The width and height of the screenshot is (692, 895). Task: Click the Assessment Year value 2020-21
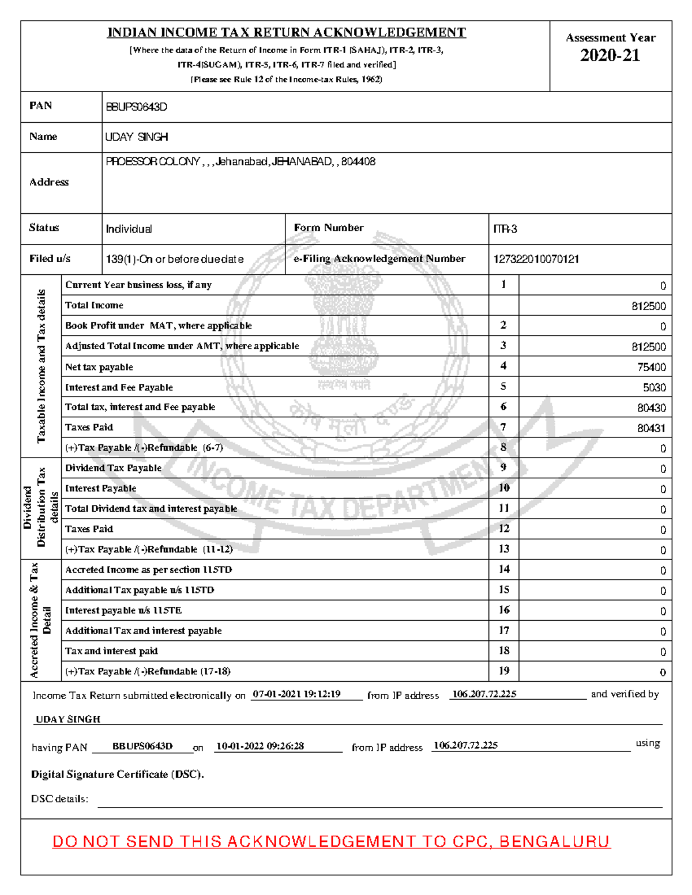coord(610,55)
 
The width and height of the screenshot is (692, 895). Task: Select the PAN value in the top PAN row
coord(136,107)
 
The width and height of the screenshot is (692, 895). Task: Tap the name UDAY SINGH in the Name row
coord(137,137)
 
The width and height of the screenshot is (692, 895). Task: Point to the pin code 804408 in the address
coord(358,162)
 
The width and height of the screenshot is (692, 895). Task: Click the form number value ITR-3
coord(505,229)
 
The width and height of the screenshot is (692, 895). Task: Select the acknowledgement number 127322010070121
coord(536,259)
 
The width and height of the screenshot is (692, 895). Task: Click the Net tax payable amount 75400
coord(651,367)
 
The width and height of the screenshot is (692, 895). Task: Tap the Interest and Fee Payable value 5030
coord(654,388)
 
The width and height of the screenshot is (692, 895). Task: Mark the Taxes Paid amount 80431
coord(651,428)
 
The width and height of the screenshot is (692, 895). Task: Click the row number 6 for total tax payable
coord(503,407)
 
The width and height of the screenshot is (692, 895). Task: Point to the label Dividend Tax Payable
coord(113,468)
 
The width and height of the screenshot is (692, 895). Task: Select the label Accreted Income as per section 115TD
coord(148,570)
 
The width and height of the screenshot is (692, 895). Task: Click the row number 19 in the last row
coord(504,671)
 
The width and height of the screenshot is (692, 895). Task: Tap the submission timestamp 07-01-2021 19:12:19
coord(296,694)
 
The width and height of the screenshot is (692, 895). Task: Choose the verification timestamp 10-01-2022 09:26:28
coord(259,746)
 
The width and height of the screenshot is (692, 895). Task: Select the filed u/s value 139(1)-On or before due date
coord(174,259)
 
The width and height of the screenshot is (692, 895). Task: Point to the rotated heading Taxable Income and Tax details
coord(41,366)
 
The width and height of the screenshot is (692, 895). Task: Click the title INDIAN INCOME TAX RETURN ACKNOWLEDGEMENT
coord(286,33)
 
